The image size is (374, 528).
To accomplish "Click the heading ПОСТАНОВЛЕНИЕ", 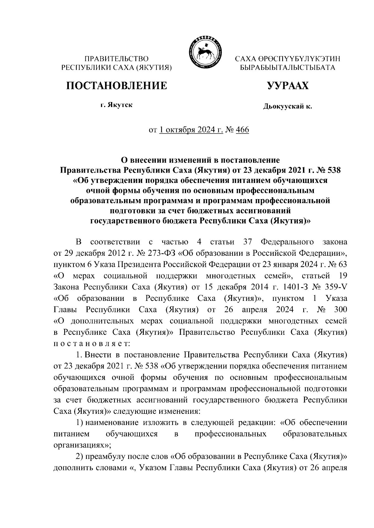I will [116, 86].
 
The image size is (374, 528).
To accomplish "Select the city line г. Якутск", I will [116, 105].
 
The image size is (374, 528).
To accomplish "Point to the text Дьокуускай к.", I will [287, 107].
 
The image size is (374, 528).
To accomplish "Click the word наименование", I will [113, 423].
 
